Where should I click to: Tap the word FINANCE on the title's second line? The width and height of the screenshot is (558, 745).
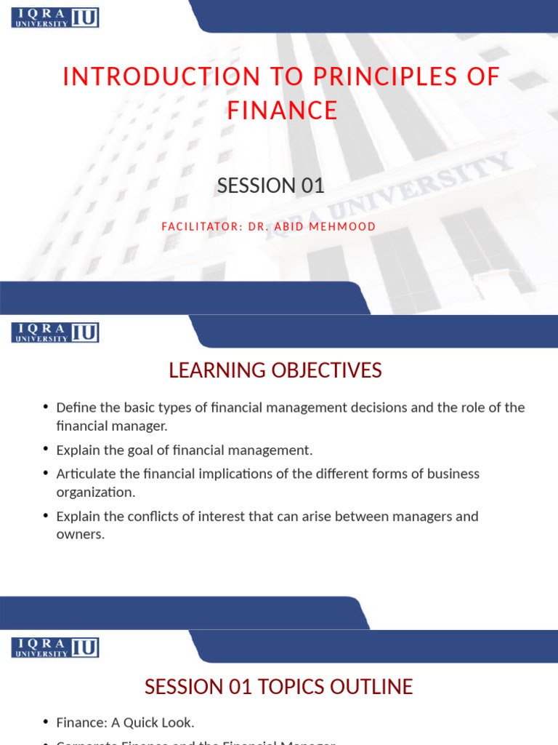point(282,111)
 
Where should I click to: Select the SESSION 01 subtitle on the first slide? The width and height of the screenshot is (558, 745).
point(270,186)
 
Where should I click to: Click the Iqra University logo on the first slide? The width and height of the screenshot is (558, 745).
point(55,17)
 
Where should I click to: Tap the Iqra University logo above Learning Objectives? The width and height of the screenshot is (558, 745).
point(55,332)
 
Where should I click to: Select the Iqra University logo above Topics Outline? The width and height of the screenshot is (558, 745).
point(55,648)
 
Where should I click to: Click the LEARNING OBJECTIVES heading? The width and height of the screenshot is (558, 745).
point(275,370)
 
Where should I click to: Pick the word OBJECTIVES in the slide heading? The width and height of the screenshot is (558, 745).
point(327,370)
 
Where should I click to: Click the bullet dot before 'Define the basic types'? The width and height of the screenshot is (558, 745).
point(46,407)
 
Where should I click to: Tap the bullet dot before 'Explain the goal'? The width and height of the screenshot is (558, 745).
point(46,450)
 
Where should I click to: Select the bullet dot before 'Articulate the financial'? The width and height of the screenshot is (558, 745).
point(46,473)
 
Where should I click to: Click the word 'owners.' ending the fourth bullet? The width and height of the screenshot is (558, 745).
point(81,535)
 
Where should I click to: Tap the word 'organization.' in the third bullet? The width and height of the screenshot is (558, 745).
point(96,493)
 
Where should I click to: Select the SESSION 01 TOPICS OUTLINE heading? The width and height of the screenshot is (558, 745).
point(278,686)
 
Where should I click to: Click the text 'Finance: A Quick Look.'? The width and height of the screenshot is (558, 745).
point(125,722)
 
